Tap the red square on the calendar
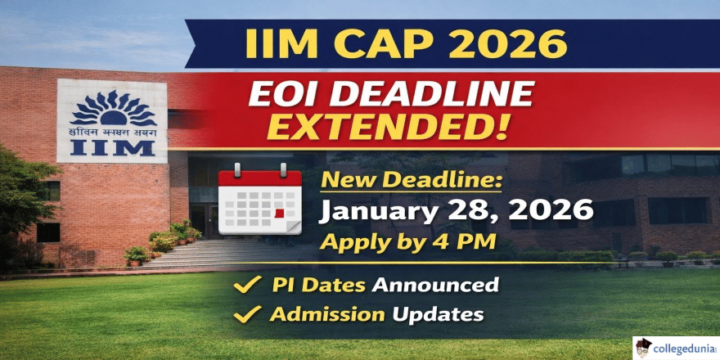pyautogui.click(x=280, y=214)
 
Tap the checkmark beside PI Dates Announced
pyautogui.click(x=241, y=286)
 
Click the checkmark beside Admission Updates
pyautogui.click(x=241, y=313)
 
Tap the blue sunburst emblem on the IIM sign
pyautogui.click(x=112, y=106)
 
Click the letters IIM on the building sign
pyautogui.click(x=112, y=148)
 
